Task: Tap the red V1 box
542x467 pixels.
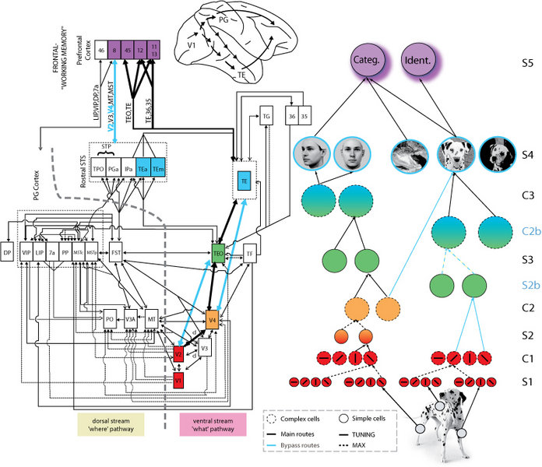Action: tap(178, 379)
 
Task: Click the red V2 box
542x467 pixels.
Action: tap(178, 353)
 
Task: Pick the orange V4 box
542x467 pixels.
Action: tap(213, 320)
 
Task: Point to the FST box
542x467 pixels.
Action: tap(117, 254)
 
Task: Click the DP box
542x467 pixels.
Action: tap(9, 254)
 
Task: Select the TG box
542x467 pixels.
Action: tap(266, 116)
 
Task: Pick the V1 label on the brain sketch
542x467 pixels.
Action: tap(188, 56)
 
